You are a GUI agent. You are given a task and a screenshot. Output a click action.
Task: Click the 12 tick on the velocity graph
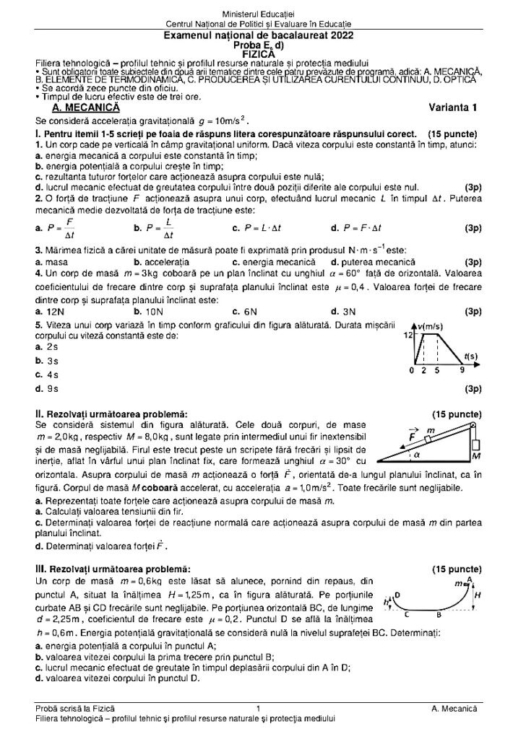(x=408, y=336)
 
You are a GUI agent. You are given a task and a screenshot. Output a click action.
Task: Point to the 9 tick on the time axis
(x=462, y=371)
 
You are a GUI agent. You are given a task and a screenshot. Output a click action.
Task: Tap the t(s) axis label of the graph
(x=470, y=356)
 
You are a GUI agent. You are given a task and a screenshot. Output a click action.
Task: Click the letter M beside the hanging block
(x=476, y=457)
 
